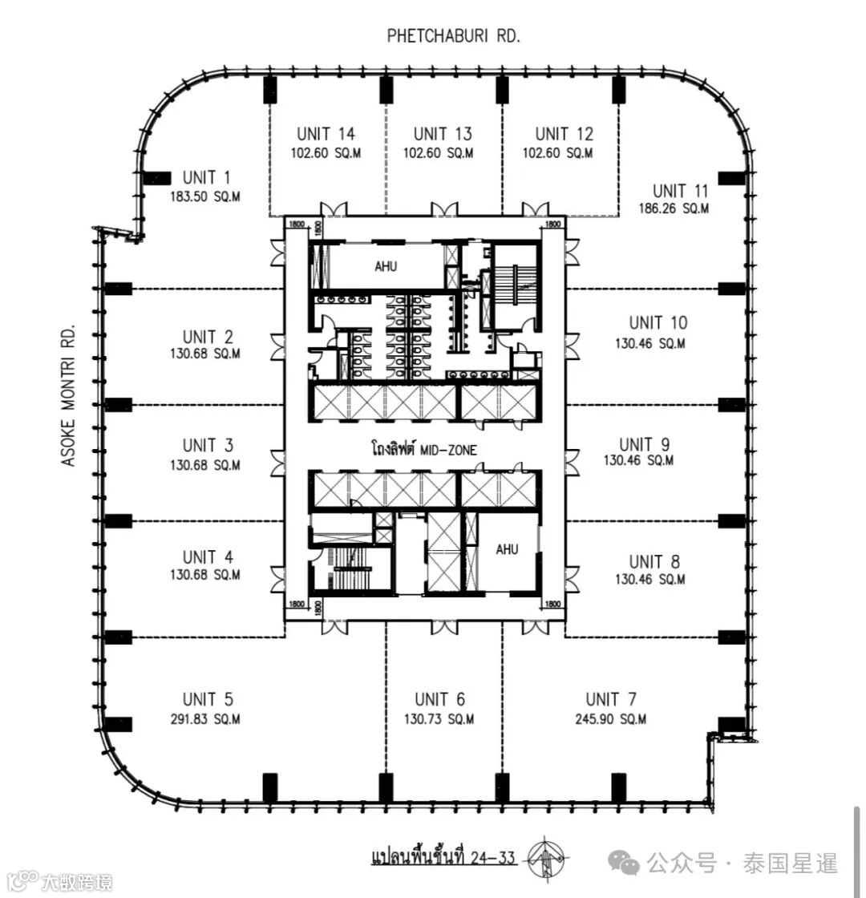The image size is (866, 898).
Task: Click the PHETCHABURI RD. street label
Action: [x=454, y=35]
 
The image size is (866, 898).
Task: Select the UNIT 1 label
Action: [x=206, y=177]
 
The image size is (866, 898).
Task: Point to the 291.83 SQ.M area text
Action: [x=205, y=719]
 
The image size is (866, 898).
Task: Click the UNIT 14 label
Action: [x=326, y=134]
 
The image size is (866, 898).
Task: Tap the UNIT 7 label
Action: [x=614, y=700]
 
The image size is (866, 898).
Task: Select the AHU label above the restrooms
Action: [x=386, y=267]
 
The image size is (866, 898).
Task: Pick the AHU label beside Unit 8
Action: [x=507, y=549]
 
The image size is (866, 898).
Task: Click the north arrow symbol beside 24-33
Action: [x=546, y=858]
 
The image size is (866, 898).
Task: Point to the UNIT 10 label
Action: [x=658, y=323]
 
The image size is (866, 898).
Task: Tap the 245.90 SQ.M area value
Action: [x=612, y=719]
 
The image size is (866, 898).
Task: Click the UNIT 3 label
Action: [x=208, y=445]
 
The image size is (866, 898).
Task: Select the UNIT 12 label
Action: [x=565, y=134]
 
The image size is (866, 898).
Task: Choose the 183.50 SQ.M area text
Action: [x=205, y=196]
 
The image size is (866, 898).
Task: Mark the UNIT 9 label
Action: [x=645, y=444]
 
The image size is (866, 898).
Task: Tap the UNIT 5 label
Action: [x=208, y=700]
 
